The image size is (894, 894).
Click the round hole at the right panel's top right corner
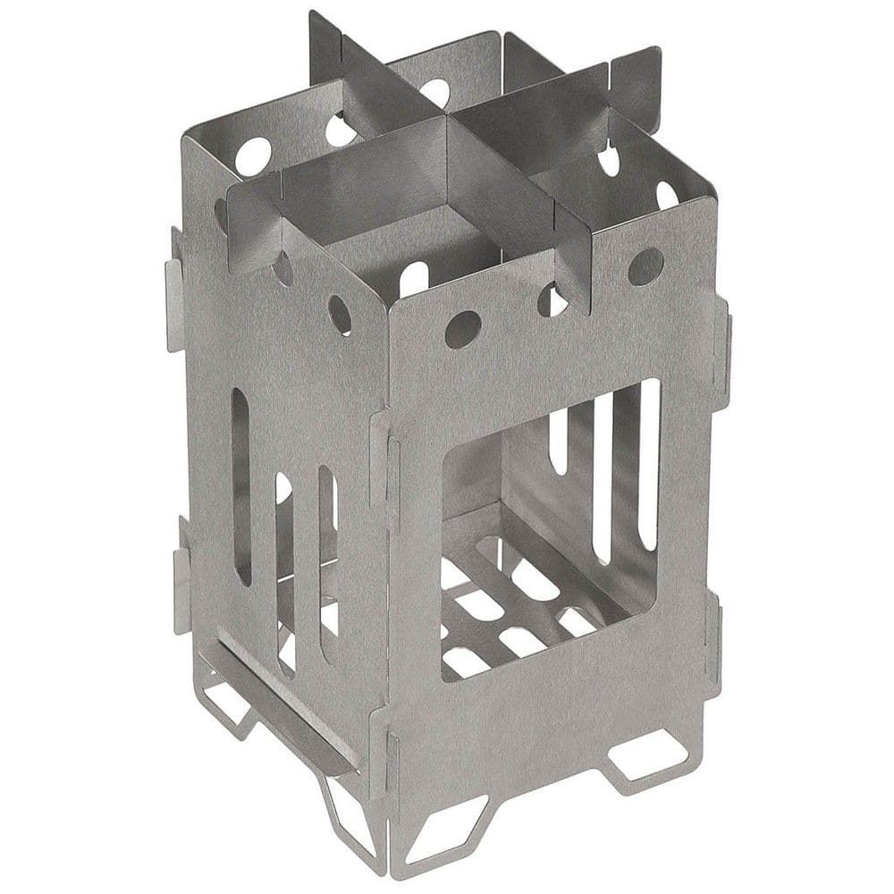(645, 266)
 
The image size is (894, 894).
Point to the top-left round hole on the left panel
(252, 156)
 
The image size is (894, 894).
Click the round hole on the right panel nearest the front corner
(462, 329)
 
